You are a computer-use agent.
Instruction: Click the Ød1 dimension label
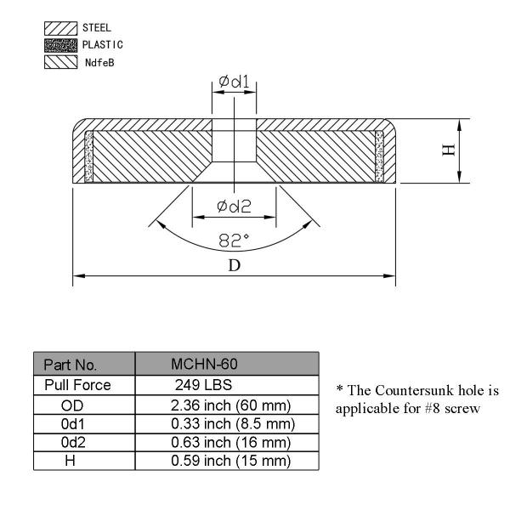point(233,82)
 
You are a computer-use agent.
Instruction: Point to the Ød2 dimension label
point(234,207)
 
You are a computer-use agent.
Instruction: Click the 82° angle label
point(234,241)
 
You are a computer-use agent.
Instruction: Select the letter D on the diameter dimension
point(234,264)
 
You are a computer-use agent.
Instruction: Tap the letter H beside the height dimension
point(448,150)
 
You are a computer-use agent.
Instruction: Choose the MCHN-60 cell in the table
point(204,364)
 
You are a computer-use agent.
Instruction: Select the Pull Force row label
point(77,385)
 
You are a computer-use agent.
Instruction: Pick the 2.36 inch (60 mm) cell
point(232,405)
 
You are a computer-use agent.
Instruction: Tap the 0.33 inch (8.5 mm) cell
point(232,423)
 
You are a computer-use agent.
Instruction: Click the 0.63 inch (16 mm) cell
point(232,442)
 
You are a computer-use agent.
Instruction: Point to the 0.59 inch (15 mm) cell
point(232,462)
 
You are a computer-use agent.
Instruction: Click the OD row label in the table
point(72,405)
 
